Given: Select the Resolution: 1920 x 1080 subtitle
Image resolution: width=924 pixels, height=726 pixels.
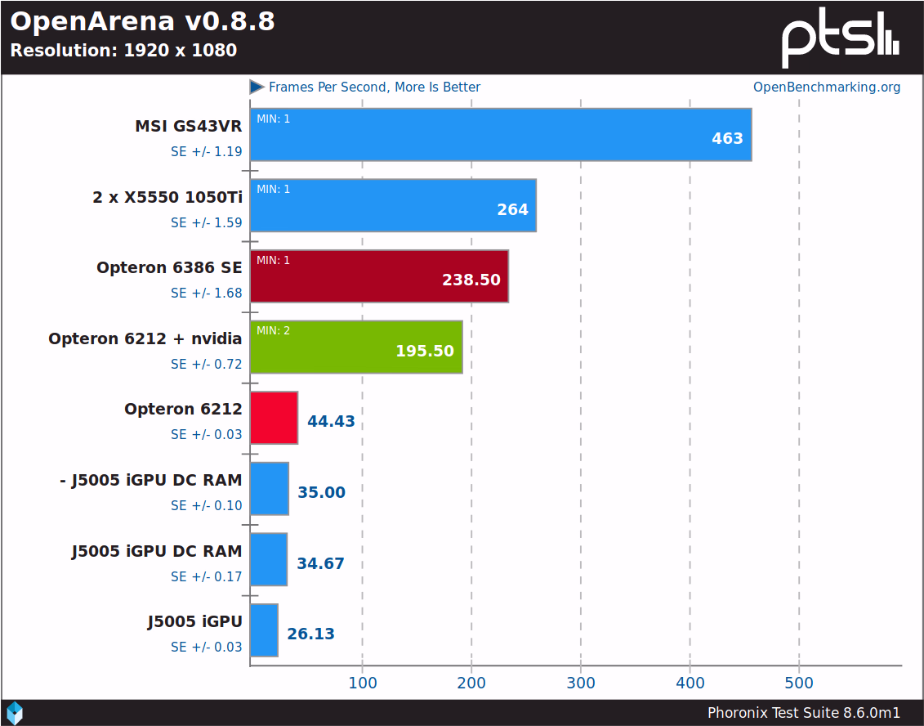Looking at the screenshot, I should pos(123,51).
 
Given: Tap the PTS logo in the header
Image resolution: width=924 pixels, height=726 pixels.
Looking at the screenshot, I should pos(840,39).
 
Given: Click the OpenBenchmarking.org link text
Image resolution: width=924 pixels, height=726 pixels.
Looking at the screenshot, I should pos(826,87).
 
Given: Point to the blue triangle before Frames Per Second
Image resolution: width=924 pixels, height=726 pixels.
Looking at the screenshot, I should pos(257,87).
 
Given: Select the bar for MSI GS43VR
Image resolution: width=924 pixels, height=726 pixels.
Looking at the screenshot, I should pos(500,134).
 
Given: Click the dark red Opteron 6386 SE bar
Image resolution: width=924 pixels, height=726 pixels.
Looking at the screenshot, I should pos(379,276).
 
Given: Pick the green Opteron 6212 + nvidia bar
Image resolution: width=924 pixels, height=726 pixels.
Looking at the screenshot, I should pos(356,347).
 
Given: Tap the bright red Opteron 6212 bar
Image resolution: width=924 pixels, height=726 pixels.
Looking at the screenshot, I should pos(274,418).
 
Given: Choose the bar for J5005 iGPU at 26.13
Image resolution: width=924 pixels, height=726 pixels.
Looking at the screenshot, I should pos(264,630).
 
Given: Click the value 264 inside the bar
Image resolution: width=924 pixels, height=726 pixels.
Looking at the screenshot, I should pos(512,210).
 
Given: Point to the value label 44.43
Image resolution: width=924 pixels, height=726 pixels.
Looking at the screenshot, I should pos(331,422).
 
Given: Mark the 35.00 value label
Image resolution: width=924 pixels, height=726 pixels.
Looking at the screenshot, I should pos(321,493).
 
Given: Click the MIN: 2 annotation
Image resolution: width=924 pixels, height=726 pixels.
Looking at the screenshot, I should pos(273,330).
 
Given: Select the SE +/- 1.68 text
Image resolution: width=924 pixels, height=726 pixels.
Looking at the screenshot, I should pos(206,293).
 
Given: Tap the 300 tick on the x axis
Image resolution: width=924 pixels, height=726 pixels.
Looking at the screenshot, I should pos(581,683).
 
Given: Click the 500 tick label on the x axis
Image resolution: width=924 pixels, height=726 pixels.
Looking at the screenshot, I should pos(799,683).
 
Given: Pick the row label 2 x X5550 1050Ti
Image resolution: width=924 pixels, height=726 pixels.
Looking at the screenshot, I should pos(167,197).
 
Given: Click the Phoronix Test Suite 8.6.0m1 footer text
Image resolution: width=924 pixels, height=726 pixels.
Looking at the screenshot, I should pos(804,712).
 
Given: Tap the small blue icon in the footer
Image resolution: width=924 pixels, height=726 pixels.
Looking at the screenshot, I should pos(15,712).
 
